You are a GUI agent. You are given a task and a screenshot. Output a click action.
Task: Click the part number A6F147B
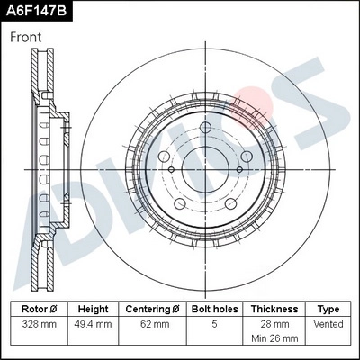coord(36,11)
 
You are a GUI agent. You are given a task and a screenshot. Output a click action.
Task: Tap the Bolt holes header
coord(214,308)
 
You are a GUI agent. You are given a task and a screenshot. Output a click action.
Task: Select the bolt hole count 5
coord(214,322)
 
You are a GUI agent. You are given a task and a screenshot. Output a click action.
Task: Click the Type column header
coord(328,308)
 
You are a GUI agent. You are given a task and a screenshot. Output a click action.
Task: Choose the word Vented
coord(328,322)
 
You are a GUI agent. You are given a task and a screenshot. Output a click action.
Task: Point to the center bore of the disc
coord(206,168)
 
